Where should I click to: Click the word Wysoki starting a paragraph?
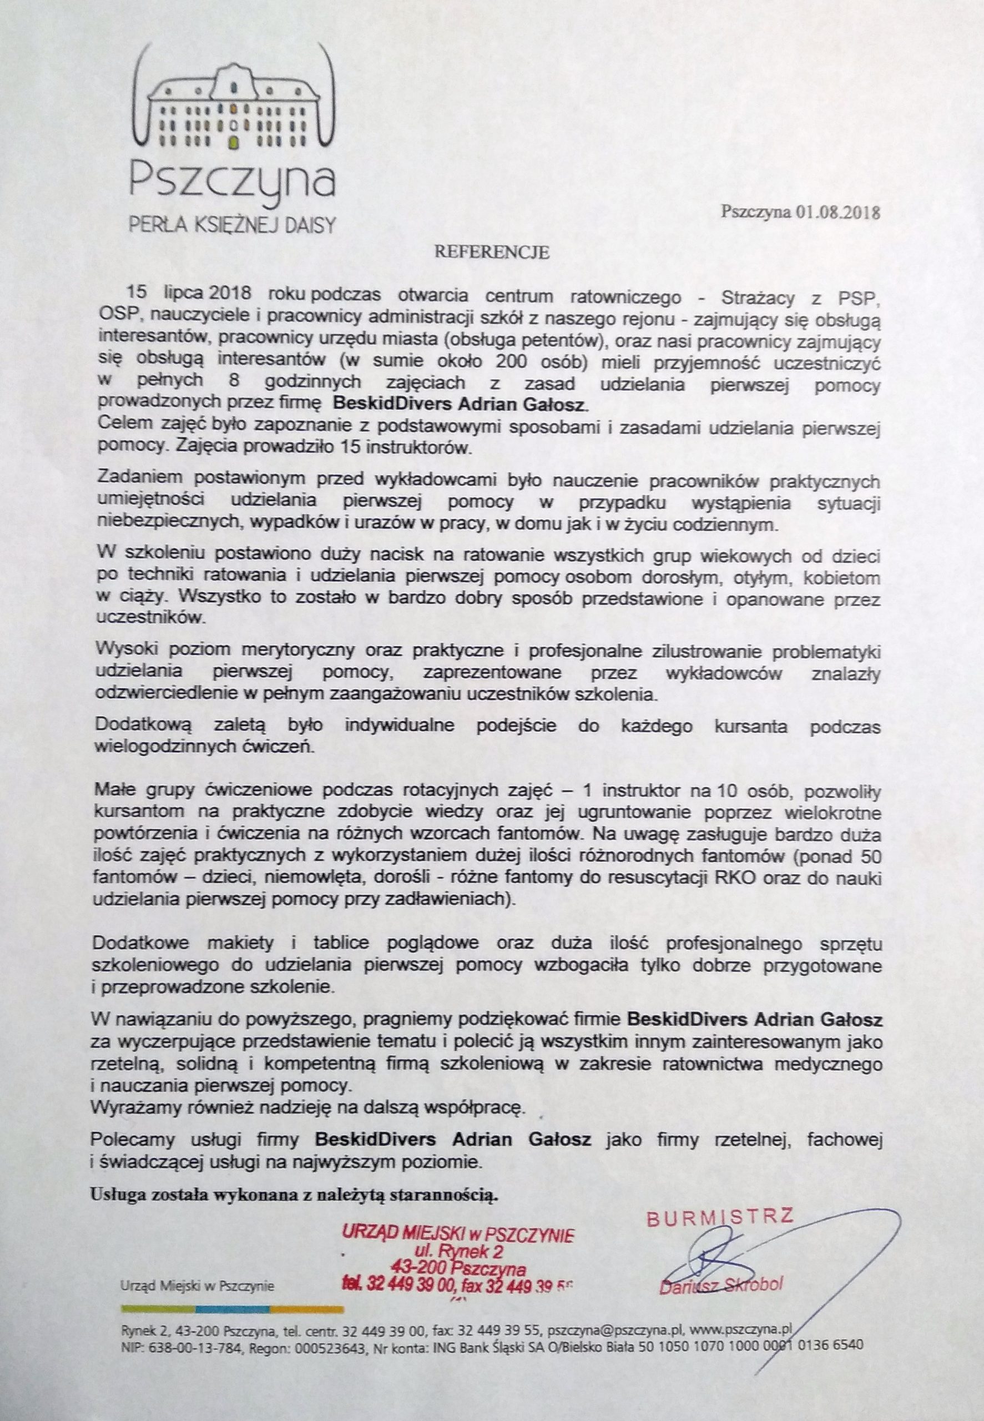(x=121, y=651)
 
